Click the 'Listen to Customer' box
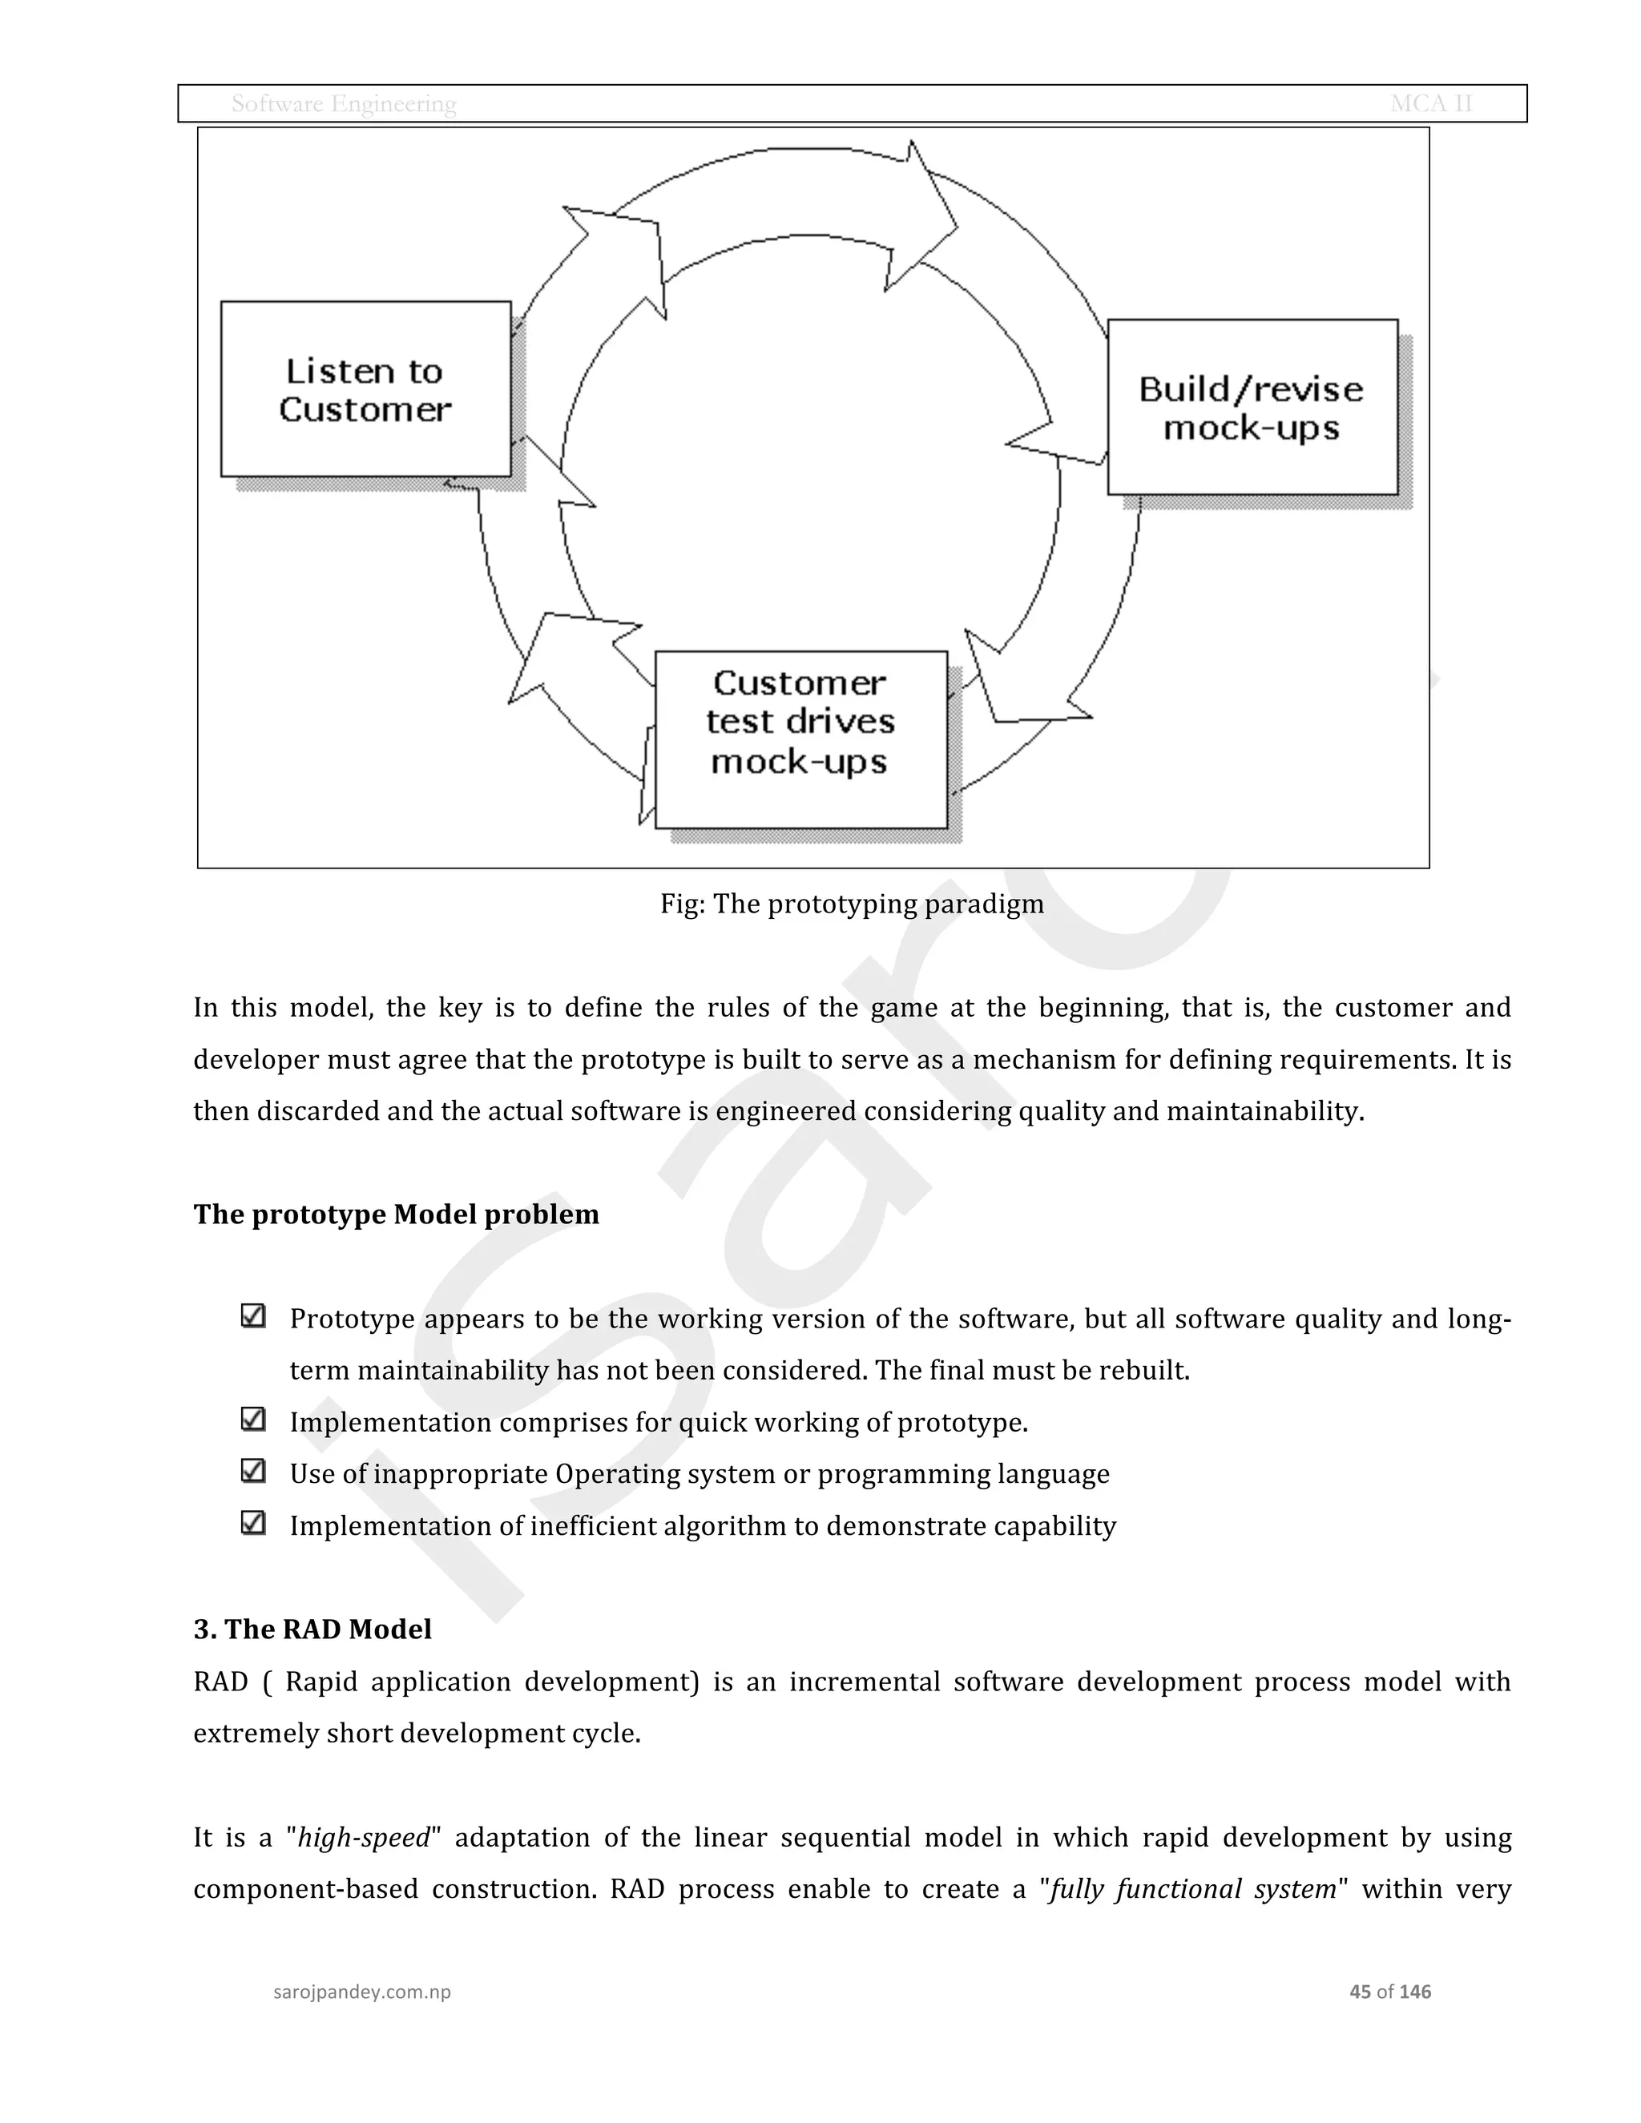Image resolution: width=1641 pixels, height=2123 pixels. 365,389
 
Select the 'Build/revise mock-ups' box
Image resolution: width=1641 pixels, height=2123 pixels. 1252,407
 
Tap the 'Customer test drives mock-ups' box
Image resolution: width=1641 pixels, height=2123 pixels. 800,739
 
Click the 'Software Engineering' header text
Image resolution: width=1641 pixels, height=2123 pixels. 343,104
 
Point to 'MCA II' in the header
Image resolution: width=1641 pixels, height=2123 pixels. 1431,104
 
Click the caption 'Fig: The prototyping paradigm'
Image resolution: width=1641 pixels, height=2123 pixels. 852,904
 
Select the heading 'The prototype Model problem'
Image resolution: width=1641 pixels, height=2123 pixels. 396,1214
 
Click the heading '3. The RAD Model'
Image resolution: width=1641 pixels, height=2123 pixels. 312,1630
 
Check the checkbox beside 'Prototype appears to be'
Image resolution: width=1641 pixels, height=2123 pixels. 252,1316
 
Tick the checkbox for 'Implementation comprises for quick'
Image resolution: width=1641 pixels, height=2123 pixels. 252,1420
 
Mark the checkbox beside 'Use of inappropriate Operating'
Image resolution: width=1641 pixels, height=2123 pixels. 252,1471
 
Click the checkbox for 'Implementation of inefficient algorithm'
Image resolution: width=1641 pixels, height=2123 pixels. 252,1522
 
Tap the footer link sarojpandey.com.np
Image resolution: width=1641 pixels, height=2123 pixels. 361,1992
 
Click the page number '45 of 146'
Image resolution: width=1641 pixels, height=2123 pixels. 1390,1992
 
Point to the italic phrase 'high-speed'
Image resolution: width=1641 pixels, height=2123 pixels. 364,1838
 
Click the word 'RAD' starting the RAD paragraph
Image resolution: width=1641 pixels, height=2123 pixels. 220,1682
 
